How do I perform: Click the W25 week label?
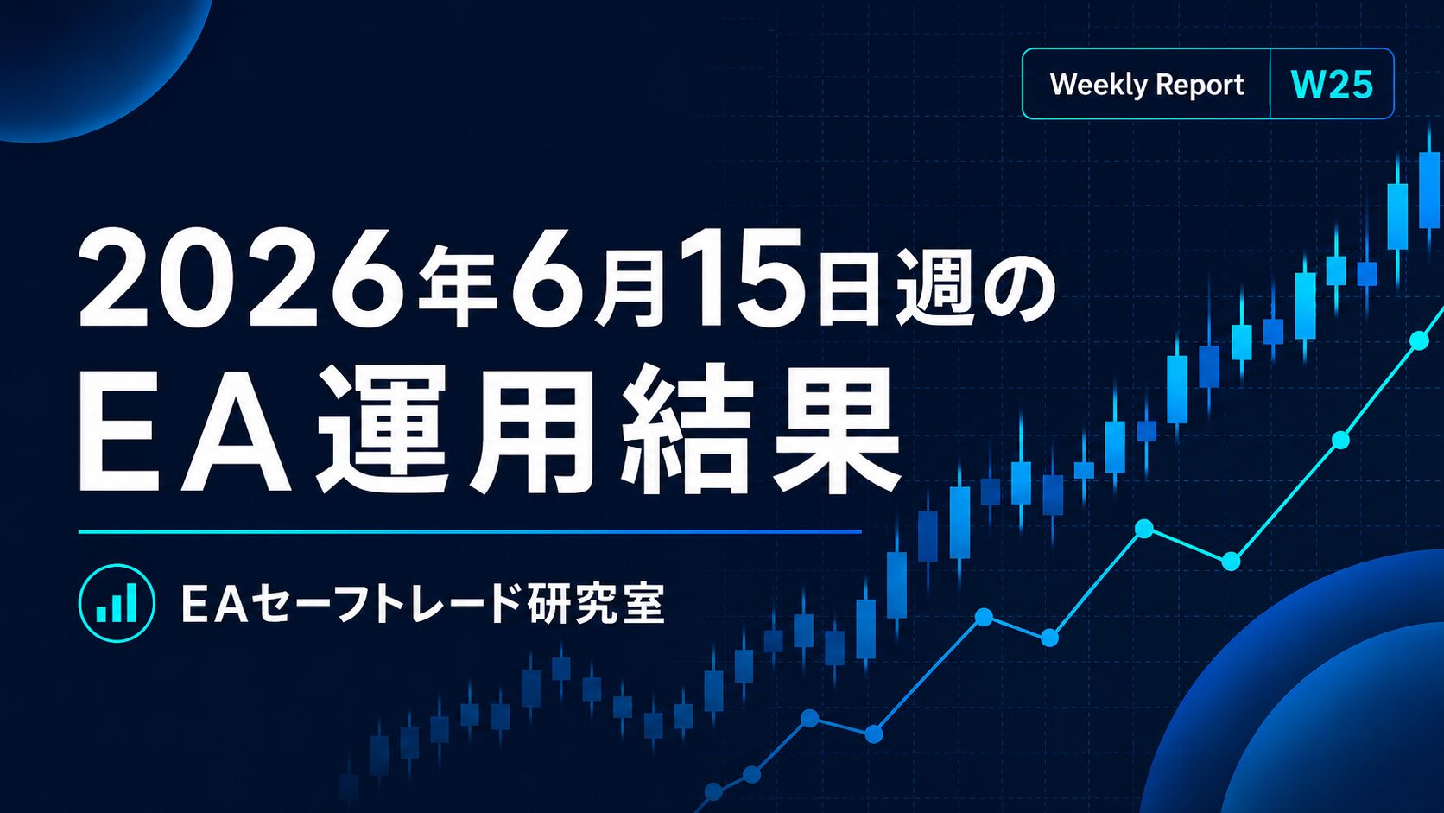(1332, 85)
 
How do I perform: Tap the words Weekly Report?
(1147, 85)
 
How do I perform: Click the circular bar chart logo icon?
(117, 603)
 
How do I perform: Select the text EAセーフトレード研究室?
(422, 604)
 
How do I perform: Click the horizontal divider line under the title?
(470, 532)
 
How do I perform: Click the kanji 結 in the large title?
(685, 430)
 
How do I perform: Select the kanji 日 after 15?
(851, 289)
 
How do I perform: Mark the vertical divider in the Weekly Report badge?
(1270, 84)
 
